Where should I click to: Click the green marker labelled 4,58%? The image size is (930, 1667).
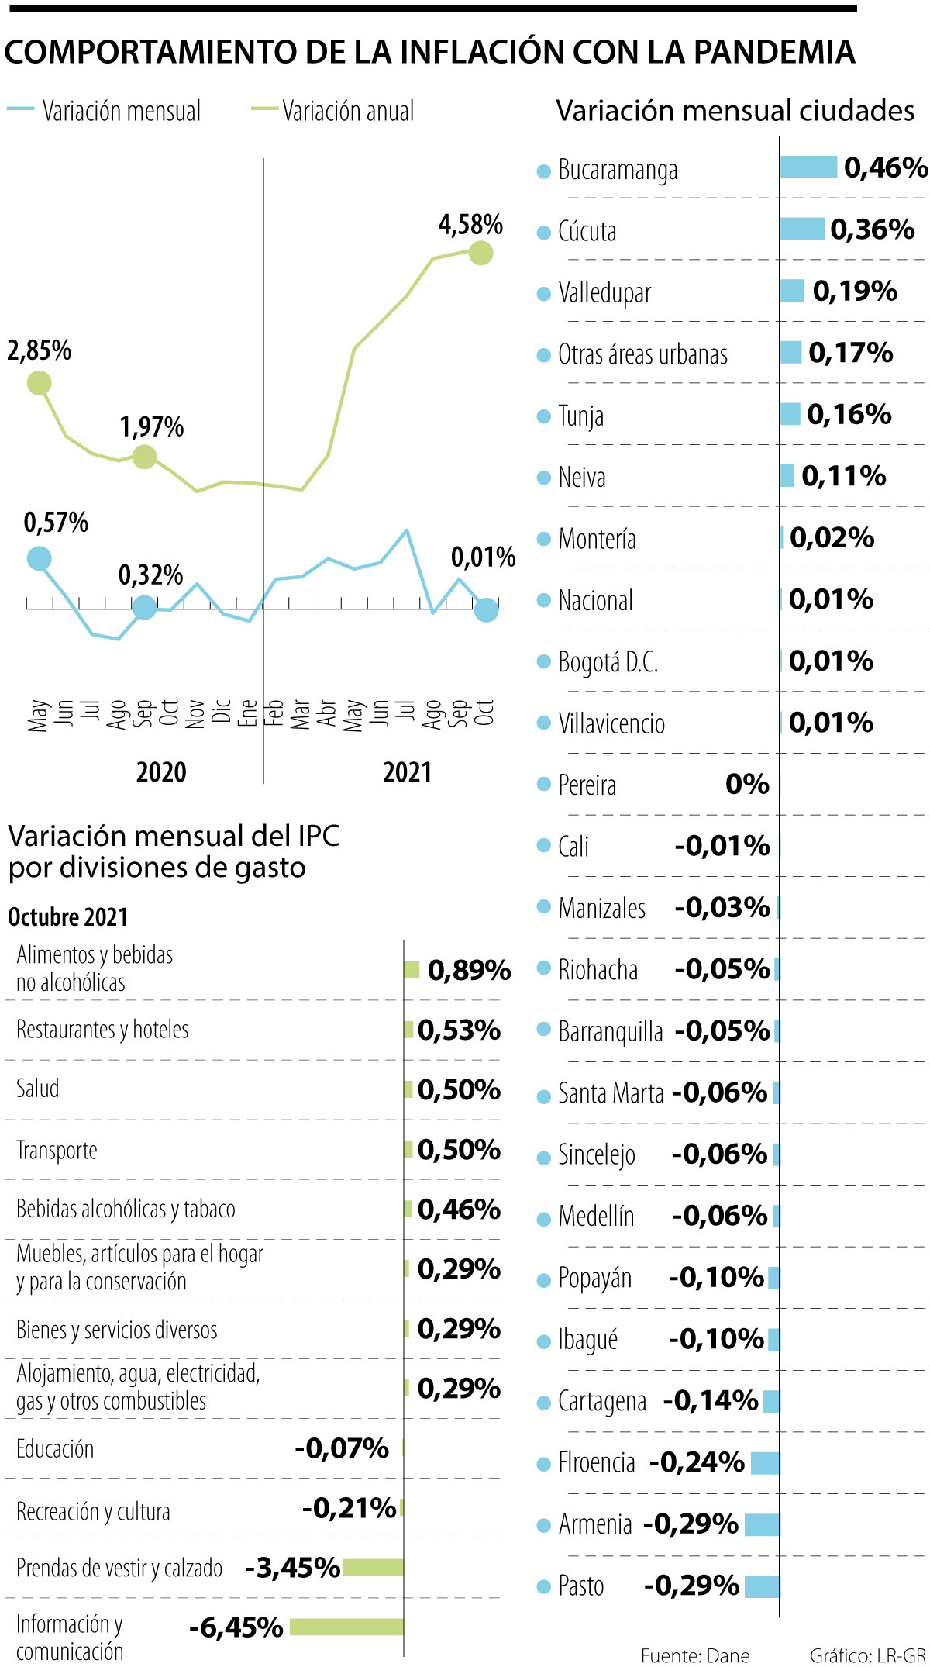click(x=480, y=253)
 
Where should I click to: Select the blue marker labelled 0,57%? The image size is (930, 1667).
click(x=39, y=558)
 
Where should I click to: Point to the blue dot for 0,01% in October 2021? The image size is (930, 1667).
click(x=486, y=610)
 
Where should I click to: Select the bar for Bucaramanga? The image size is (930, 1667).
click(x=808, y=167)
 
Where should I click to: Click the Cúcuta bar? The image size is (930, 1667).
click(x=802, y=229)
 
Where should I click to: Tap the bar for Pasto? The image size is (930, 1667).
click(x=762, y=1586)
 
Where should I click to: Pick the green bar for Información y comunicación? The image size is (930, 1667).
click(x=346, y=1627)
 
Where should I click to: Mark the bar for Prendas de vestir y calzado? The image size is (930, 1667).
click(x=373, y=1568)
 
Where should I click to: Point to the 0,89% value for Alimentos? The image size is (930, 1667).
click(x=469, y=970)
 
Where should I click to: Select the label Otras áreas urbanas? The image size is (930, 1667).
click(x=642, y=354)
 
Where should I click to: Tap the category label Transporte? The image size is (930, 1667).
click(x=57, y=1150)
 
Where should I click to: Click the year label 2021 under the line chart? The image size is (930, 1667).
click(x=407, y=772)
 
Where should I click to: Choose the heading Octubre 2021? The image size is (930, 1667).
click(x=67, y=916)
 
